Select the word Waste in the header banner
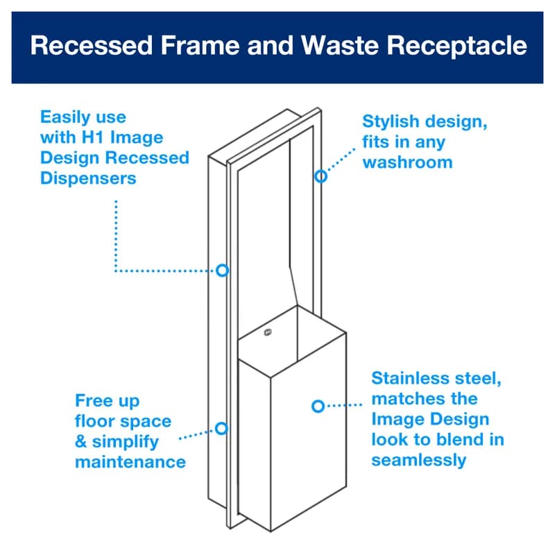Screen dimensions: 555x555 340,46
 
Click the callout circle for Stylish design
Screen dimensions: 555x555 321,176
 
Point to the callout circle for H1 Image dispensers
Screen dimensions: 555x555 222,270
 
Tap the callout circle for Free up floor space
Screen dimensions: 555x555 221,428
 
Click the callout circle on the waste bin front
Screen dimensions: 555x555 318,406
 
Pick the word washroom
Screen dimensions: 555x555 407,162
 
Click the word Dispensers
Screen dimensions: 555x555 88,178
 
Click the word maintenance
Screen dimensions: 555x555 130,461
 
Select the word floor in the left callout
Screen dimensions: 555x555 94,421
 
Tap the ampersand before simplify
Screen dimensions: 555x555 81,442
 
